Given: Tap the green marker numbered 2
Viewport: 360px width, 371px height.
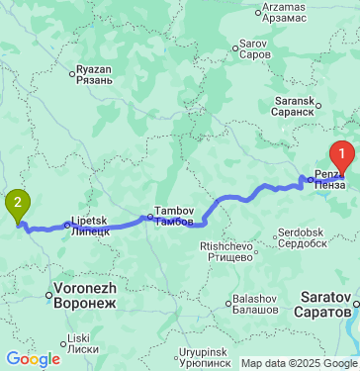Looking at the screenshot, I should coord(18,205).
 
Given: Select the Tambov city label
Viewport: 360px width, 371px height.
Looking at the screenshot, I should coord(167,216).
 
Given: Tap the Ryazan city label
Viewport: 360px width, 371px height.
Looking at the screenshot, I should coord(96,76).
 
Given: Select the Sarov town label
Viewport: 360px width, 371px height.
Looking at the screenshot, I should coord(255,49).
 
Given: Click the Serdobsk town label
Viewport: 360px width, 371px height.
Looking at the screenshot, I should coord(302,237).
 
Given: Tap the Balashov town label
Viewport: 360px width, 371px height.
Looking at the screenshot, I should coord(255,305).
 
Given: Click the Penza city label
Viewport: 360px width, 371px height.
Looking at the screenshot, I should coord(330,178).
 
